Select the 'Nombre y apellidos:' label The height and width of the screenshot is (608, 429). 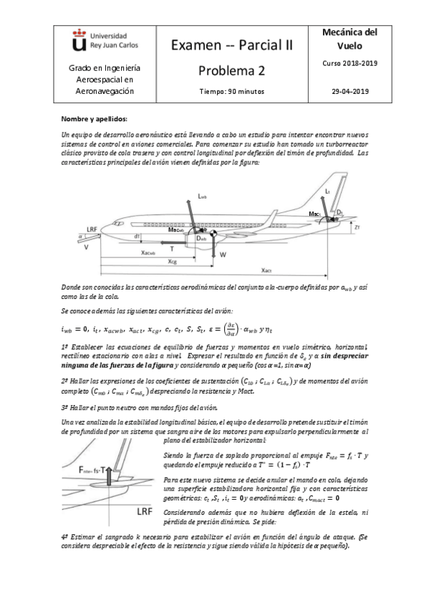coord(94,118)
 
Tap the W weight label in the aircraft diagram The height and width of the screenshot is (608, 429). coord(223,255)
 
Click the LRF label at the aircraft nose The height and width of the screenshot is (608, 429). coord(91,229)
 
